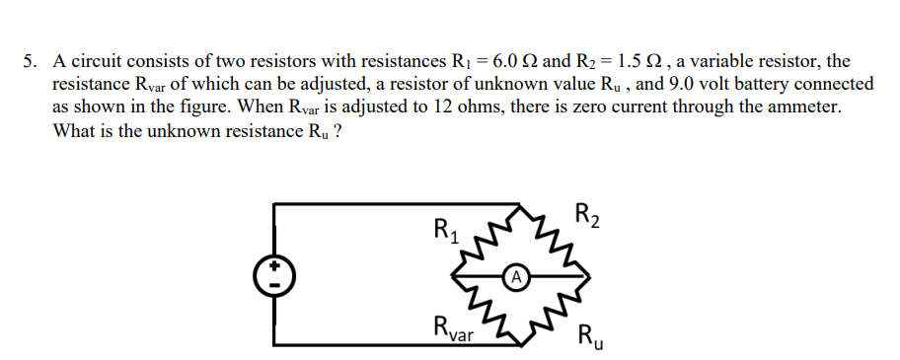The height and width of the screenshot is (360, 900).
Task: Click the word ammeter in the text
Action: click(802, 108)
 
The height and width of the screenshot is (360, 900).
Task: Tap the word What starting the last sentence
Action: click(75, 131)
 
